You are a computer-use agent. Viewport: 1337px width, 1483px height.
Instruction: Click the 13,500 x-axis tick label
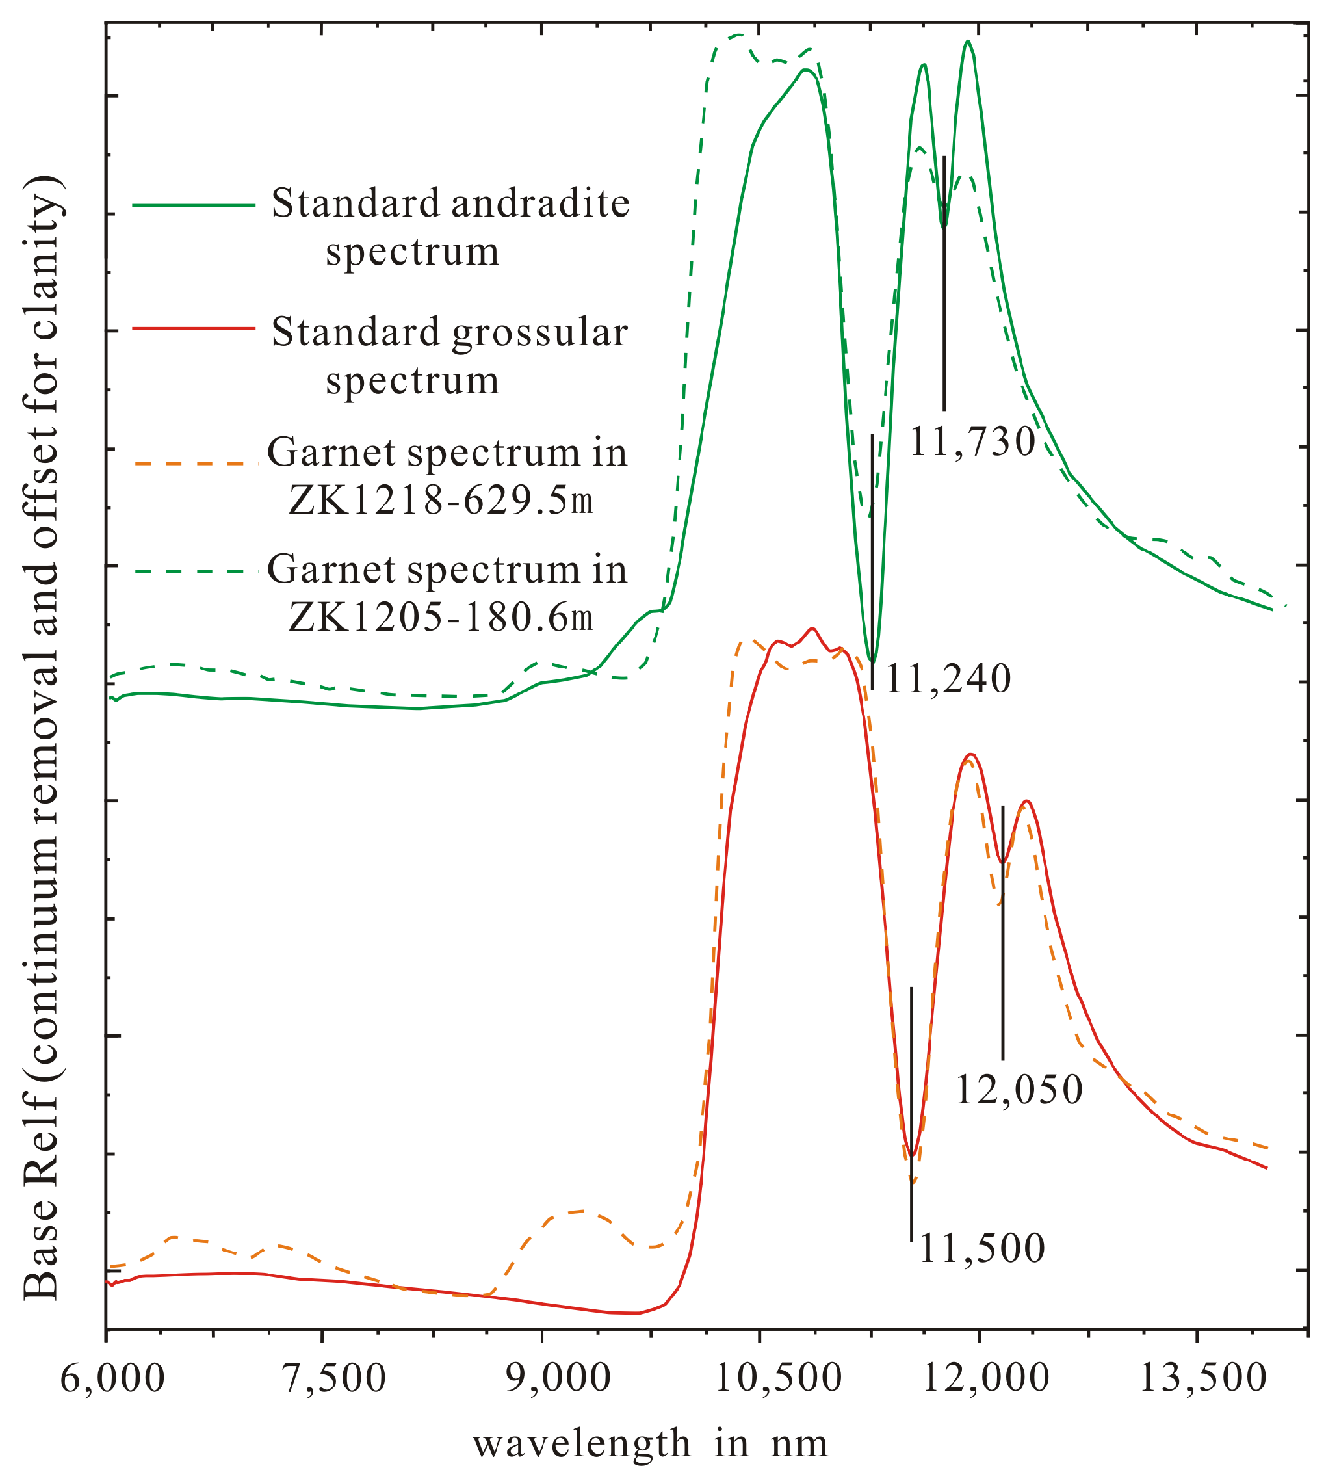(1202, 1380)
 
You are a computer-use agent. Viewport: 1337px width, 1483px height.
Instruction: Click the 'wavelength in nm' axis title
(650, 1444)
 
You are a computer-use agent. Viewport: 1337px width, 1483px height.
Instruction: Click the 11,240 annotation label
(948, 680)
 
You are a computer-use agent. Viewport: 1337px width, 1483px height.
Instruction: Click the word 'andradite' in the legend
(540, 203)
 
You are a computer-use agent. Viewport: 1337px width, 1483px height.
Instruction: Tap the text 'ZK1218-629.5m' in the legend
(441, 502)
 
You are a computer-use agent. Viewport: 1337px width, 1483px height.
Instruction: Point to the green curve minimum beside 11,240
(872, 659)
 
